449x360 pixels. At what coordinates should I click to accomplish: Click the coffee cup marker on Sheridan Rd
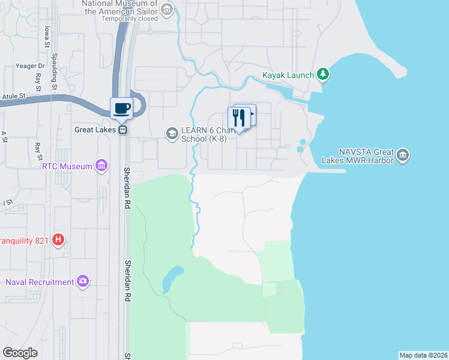pyautogui.click(x=122, y=108)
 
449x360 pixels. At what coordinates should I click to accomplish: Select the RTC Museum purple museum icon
pyautogui.click(x=101, y=166)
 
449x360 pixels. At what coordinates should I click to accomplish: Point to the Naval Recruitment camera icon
pyautogui.click(x=83, y=281)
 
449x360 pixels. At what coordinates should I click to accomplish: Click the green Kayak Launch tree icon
pyautogui.click(x=324, y=74)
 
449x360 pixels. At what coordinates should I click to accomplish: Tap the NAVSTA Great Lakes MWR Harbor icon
pyautogui.click(x=403, y=155)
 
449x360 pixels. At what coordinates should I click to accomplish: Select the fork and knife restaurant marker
pyautogui.click(x=240, y=118)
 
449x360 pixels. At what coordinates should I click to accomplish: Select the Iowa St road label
pyautogui.click(x=46, y=37)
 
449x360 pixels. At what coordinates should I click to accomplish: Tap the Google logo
pyautogui.click(x=20, y=353)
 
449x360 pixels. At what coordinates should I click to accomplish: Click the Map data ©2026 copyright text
pyautogui.click(x=423, y=355)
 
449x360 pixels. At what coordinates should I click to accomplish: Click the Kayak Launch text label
pyautogui.click(x=288, y=75)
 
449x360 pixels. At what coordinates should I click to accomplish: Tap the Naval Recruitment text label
pyautogui.click(x=39, y=282)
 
